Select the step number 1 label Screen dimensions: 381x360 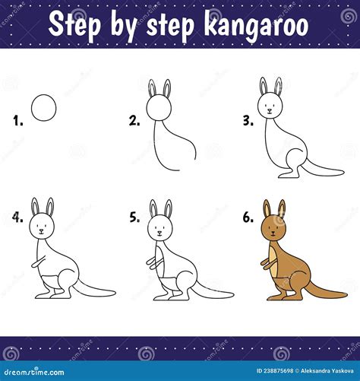click(x=17, y=119)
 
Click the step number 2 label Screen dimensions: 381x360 click(x=134, y=119)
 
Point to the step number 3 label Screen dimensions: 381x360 click(x=248, y=119)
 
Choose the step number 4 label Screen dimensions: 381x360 click(x=17, y=217)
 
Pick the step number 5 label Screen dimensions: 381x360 click(x=134, y=217)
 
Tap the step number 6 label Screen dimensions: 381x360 click(x=248, y=217)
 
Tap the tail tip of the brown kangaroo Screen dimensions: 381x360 click(x=345, y=293)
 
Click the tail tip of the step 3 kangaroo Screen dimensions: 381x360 click(x=343, y=172)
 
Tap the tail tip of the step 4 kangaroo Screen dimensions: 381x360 click(x=115, y=293)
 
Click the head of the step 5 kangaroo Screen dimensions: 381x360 click(x=159, y=226)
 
